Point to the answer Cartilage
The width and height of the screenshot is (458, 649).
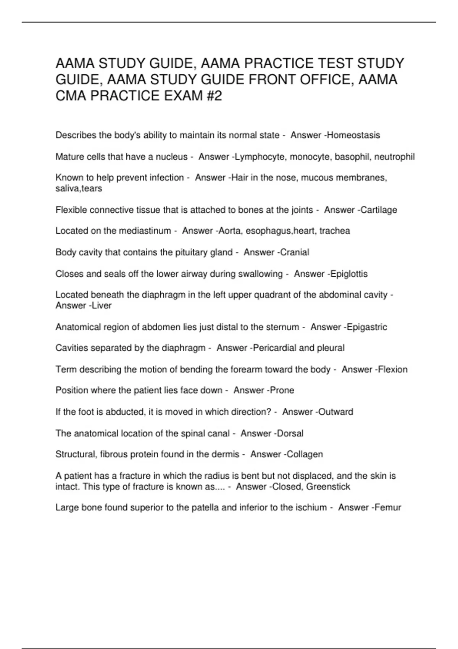pyautogui.click(x=379, y=210)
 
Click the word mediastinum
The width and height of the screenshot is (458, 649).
pyautogui.click(x=145, y=231)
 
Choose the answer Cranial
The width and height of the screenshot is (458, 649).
pyautogui.click(x=294, y=252)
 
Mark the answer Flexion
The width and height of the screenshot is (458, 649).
pyautogui.click(x=393, y=369)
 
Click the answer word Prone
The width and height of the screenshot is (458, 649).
pyautogui.click(x=282, y=390)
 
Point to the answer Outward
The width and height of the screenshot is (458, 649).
pyautogui.click(x=335, y=412)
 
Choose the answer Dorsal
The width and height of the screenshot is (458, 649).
pyautogui.click(x=290, y=433)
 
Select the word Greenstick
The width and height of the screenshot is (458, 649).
pyautogui.click(x=328, y=486)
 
